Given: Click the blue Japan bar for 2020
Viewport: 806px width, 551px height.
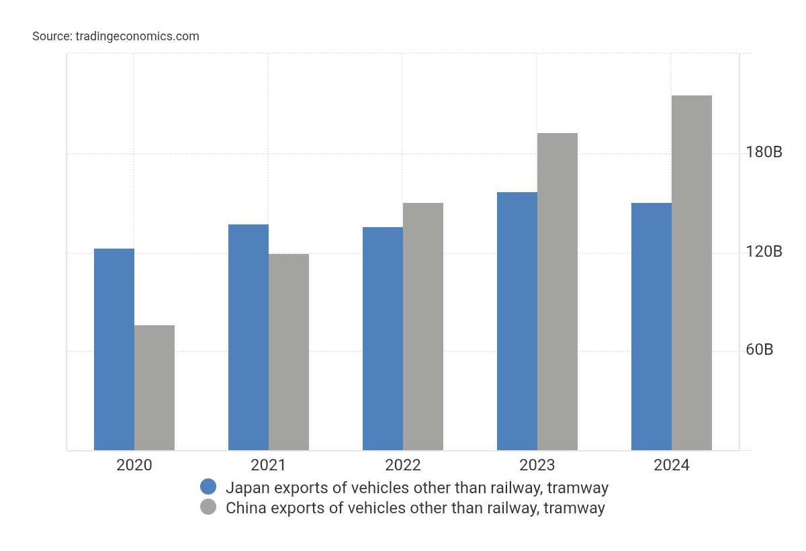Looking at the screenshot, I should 114,349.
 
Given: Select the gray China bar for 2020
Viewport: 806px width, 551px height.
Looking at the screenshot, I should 154,388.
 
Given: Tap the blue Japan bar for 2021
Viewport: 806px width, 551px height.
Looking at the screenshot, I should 249,337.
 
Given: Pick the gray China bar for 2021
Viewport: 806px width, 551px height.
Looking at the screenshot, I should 289,352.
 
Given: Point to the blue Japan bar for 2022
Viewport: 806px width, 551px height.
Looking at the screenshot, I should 383,339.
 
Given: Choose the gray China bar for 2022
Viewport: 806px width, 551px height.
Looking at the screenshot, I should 423,327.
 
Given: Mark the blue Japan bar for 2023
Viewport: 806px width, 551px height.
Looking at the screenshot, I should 517,321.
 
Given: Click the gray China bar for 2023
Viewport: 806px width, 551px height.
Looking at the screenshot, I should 557,292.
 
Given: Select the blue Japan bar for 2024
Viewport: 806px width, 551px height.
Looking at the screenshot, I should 652,327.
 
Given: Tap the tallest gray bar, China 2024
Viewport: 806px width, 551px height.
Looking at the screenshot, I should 692,273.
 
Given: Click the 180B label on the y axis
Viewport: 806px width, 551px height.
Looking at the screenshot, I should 764,153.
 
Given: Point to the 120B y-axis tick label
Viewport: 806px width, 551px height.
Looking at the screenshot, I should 764,252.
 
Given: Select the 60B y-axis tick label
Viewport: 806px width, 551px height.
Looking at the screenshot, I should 760,350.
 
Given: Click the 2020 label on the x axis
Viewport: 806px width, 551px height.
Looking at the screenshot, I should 134,465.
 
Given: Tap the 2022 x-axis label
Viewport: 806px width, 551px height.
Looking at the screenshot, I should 403,465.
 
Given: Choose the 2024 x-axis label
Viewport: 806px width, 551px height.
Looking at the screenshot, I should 672,465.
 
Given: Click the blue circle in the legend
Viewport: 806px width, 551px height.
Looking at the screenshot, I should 208,487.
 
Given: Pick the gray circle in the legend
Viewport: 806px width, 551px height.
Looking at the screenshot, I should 208,507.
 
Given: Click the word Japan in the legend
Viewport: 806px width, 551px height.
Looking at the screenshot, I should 246,488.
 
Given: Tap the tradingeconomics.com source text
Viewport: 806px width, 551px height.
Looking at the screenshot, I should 137,36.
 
